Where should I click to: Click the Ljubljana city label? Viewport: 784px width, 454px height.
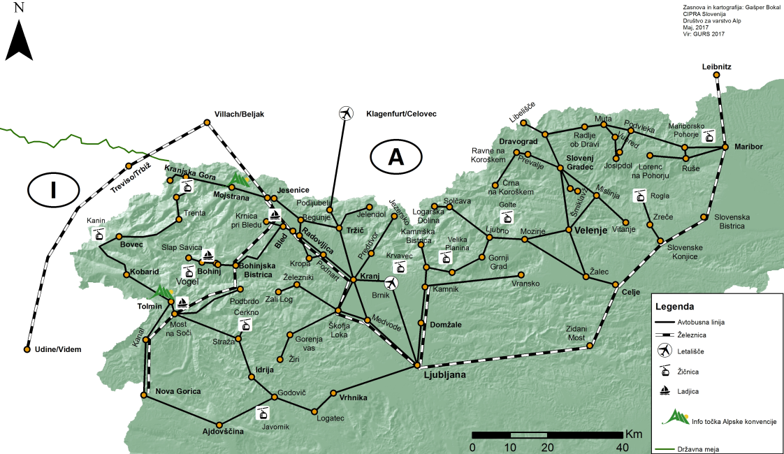pos(444,375)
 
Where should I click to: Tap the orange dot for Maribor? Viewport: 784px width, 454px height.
pos(727,147)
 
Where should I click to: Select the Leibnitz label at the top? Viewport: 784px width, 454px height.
pos(716,67)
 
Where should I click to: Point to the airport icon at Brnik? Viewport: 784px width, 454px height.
pos(391,282)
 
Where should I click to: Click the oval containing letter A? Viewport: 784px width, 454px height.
pos(396,158)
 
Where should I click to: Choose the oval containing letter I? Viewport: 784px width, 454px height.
pos(54,189)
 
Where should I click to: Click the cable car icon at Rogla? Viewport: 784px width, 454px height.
pos(639,196)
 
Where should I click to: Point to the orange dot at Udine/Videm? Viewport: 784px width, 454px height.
pos(27,349)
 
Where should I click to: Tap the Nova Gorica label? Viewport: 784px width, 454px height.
pos(178,391)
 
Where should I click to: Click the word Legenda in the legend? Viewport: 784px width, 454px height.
pos(674,306)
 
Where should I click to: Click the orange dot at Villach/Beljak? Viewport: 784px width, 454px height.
pos(208,124)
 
